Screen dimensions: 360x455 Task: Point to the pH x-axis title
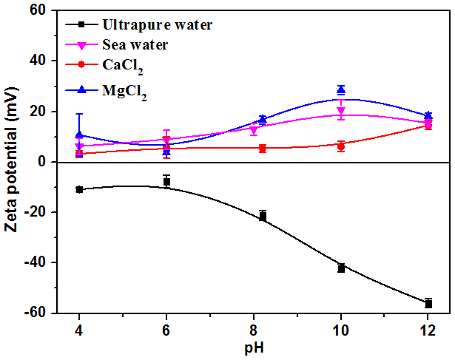254,345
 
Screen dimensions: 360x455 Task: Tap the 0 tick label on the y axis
41,162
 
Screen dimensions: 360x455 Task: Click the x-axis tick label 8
254,328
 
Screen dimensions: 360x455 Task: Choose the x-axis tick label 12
428,328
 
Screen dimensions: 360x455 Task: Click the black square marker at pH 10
341,268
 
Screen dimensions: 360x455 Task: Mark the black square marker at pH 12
428,303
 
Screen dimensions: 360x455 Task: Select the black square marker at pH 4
79,189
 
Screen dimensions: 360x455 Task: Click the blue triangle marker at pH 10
341,89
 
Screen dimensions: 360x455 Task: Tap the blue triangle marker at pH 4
79,135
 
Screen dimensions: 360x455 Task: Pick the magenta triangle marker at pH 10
341,112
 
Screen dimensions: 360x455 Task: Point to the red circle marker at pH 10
341,146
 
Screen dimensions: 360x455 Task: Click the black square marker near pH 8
263,216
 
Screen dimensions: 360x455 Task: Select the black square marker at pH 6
167,181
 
